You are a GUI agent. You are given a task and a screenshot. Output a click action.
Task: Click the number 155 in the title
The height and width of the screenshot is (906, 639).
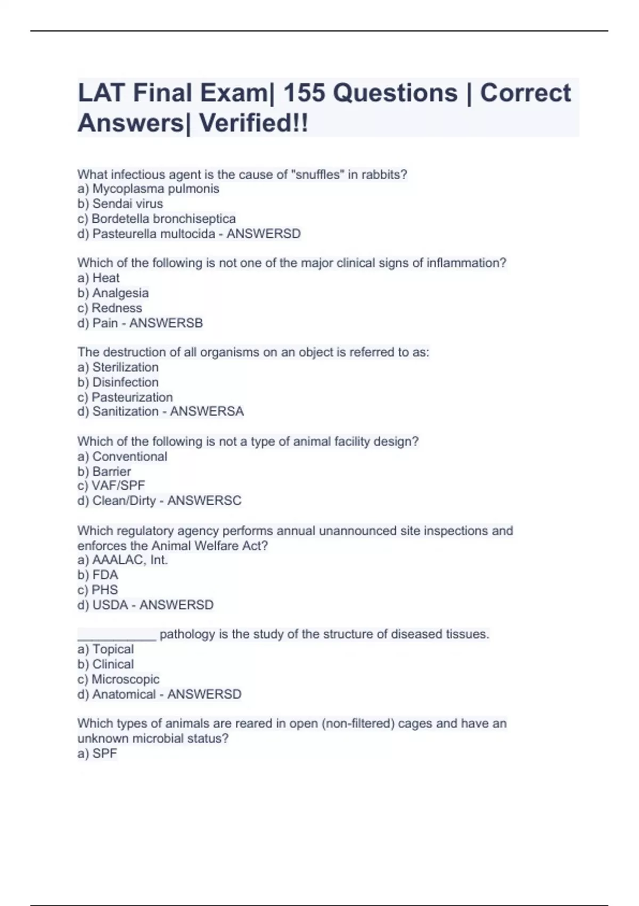[304, 93]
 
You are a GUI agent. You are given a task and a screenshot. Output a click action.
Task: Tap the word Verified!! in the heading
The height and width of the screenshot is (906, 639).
[253, 124]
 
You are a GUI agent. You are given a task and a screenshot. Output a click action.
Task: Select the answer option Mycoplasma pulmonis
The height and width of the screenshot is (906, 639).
[155, 189]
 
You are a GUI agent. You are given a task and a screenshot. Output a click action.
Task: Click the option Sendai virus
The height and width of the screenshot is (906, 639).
[127, 204]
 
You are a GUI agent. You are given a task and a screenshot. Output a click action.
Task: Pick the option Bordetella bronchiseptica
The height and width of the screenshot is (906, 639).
[163, 219]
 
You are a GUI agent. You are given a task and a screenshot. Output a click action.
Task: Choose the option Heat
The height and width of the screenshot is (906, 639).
[105, 278]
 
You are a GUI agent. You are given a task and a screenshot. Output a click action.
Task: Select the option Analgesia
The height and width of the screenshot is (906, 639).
[120, 293]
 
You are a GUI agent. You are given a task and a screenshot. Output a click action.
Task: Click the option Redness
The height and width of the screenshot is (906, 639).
[117, 308]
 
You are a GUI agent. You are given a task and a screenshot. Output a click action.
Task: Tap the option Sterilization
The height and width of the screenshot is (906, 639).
[125, 367]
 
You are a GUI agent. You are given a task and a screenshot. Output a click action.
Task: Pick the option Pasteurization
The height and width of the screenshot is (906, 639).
[132, 397]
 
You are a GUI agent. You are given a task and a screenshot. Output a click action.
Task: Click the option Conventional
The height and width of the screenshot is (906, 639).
[129, 456]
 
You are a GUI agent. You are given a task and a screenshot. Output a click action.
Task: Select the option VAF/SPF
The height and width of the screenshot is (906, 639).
[118, 486]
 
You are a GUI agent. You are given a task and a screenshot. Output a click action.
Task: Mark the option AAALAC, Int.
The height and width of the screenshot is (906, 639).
[130, 560]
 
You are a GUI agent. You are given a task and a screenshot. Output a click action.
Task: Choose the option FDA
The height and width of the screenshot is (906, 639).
[105, 575]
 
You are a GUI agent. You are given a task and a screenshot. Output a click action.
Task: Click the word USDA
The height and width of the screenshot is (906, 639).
[110, 605]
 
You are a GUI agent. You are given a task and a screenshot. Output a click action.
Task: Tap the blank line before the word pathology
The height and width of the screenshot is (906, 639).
[117, 635]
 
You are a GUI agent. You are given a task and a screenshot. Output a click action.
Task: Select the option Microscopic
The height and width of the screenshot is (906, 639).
[125, 679]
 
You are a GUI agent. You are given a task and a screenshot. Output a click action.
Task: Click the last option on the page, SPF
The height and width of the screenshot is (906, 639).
[104, 753]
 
